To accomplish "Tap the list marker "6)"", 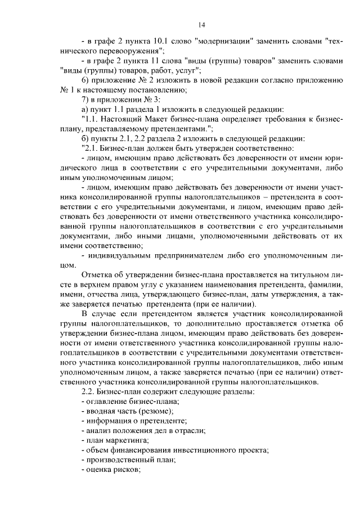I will (x=86, y=80).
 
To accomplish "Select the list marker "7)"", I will (x=86, y=99).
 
